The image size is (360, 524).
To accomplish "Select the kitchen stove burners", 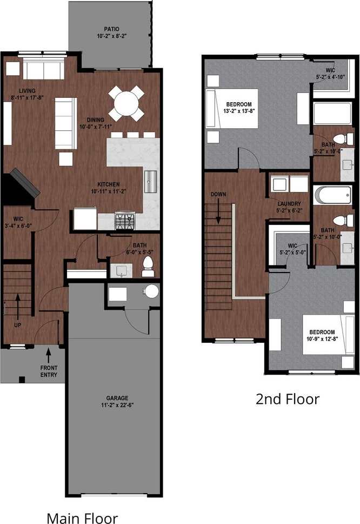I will point(125,221).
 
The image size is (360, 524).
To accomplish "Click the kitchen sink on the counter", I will point(150,181).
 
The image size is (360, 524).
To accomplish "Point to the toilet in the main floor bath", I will point(148,266).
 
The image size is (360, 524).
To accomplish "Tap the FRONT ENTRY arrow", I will point(48,355).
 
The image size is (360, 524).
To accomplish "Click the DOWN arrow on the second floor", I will point(219,211).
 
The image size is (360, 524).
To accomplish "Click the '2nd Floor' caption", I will point(287,399).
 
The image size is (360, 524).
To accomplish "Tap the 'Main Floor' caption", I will point(82,518).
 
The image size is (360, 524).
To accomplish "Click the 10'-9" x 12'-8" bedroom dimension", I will point(322,340).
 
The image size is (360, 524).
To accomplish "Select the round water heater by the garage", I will point(151,291).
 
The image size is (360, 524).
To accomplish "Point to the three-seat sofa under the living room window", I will point(43,70).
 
